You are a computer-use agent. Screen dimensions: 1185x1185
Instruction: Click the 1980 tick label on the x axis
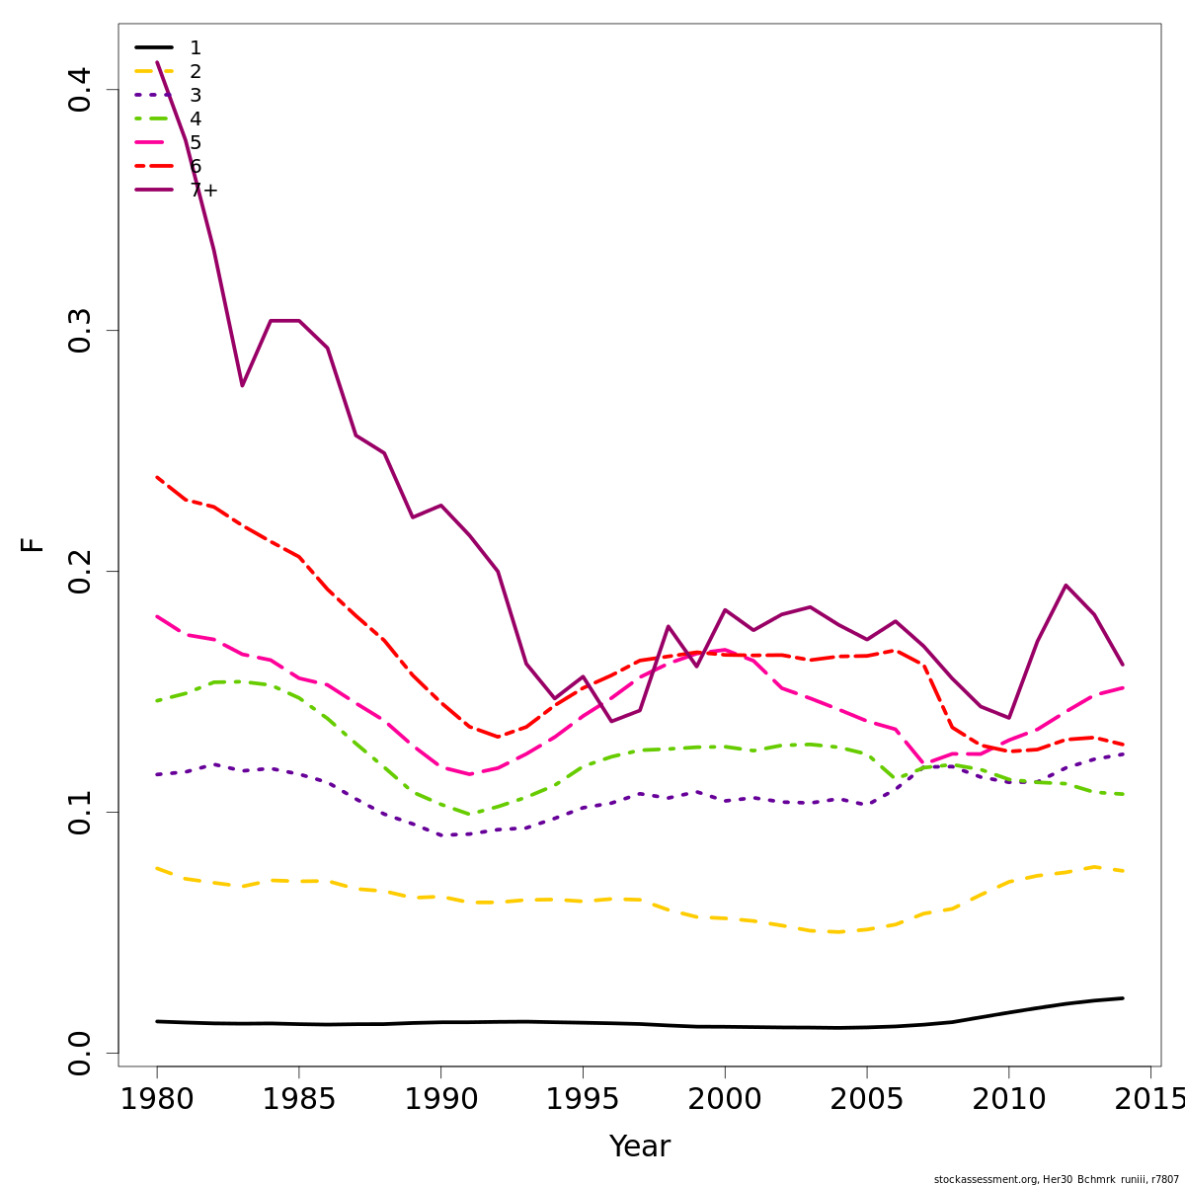157,1099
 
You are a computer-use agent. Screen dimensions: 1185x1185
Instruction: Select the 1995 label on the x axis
583,1099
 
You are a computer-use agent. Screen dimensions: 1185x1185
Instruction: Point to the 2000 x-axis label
725,1099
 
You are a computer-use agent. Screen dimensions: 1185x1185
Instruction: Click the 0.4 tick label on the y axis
81,90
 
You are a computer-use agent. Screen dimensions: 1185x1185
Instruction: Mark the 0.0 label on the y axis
81,1053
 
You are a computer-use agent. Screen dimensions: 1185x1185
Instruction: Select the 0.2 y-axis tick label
81,572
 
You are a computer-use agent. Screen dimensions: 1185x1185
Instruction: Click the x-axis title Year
639,1146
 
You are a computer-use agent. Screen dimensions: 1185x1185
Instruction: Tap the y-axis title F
33,544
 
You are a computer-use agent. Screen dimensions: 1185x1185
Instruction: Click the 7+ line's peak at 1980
157,62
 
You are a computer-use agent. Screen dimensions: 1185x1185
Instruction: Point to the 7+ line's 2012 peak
1066,585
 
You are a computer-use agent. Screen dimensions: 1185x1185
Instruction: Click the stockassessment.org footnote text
1056,1179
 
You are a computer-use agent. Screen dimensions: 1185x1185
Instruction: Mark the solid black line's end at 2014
1123,998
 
